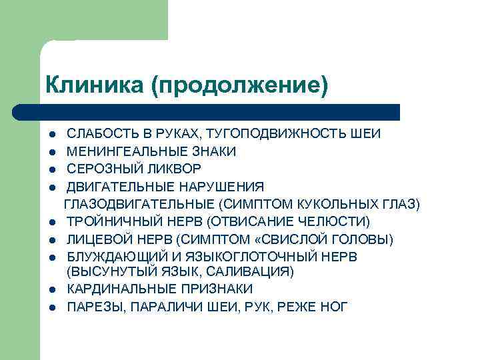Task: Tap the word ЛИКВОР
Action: coord(171,169)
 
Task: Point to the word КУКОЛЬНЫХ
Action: coord(340,203)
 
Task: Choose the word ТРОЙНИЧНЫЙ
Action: coord(109,221)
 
